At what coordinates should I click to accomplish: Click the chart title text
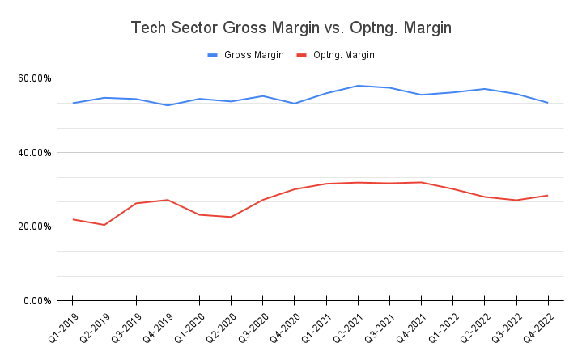pyautogui.click(x=291, y=28)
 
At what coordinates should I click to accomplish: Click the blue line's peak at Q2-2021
pyautogui.click(x=358, y=86)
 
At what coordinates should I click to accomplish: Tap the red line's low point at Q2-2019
pyautogui.click(x=104, y=225)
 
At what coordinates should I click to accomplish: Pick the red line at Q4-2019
pyautogui.click(x=168, y=200)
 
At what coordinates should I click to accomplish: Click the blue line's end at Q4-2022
pyautogui.click(x=548, y=103)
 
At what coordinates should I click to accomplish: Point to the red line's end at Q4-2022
pyautogui.click(x=548, y=195)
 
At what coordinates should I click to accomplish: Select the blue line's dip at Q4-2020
pyautogui.click(x=295, y=104)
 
